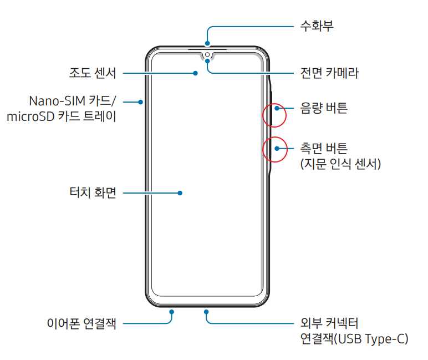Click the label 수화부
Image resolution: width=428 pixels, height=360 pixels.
pos(317,26)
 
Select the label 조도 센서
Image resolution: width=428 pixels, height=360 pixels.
pos(92,73)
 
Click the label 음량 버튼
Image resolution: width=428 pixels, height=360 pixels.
pos(324,108)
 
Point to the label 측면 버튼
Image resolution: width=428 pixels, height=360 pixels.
pos(324,148)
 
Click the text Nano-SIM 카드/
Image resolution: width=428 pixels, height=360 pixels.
pos(73,102)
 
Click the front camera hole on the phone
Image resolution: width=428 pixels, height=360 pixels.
pos(207,54)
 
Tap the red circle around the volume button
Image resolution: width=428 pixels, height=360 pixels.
pos(274,115)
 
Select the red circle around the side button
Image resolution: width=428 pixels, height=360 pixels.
pos(274,149)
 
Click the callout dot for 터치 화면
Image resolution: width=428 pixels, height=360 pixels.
pos(180,193)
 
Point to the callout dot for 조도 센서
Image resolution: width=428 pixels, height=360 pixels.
pos(196,73)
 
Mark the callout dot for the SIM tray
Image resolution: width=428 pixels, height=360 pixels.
pos(141,102)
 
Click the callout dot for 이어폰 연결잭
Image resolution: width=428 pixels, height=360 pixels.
pos(172,312)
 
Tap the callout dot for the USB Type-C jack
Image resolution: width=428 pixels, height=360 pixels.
pos(207,312)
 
